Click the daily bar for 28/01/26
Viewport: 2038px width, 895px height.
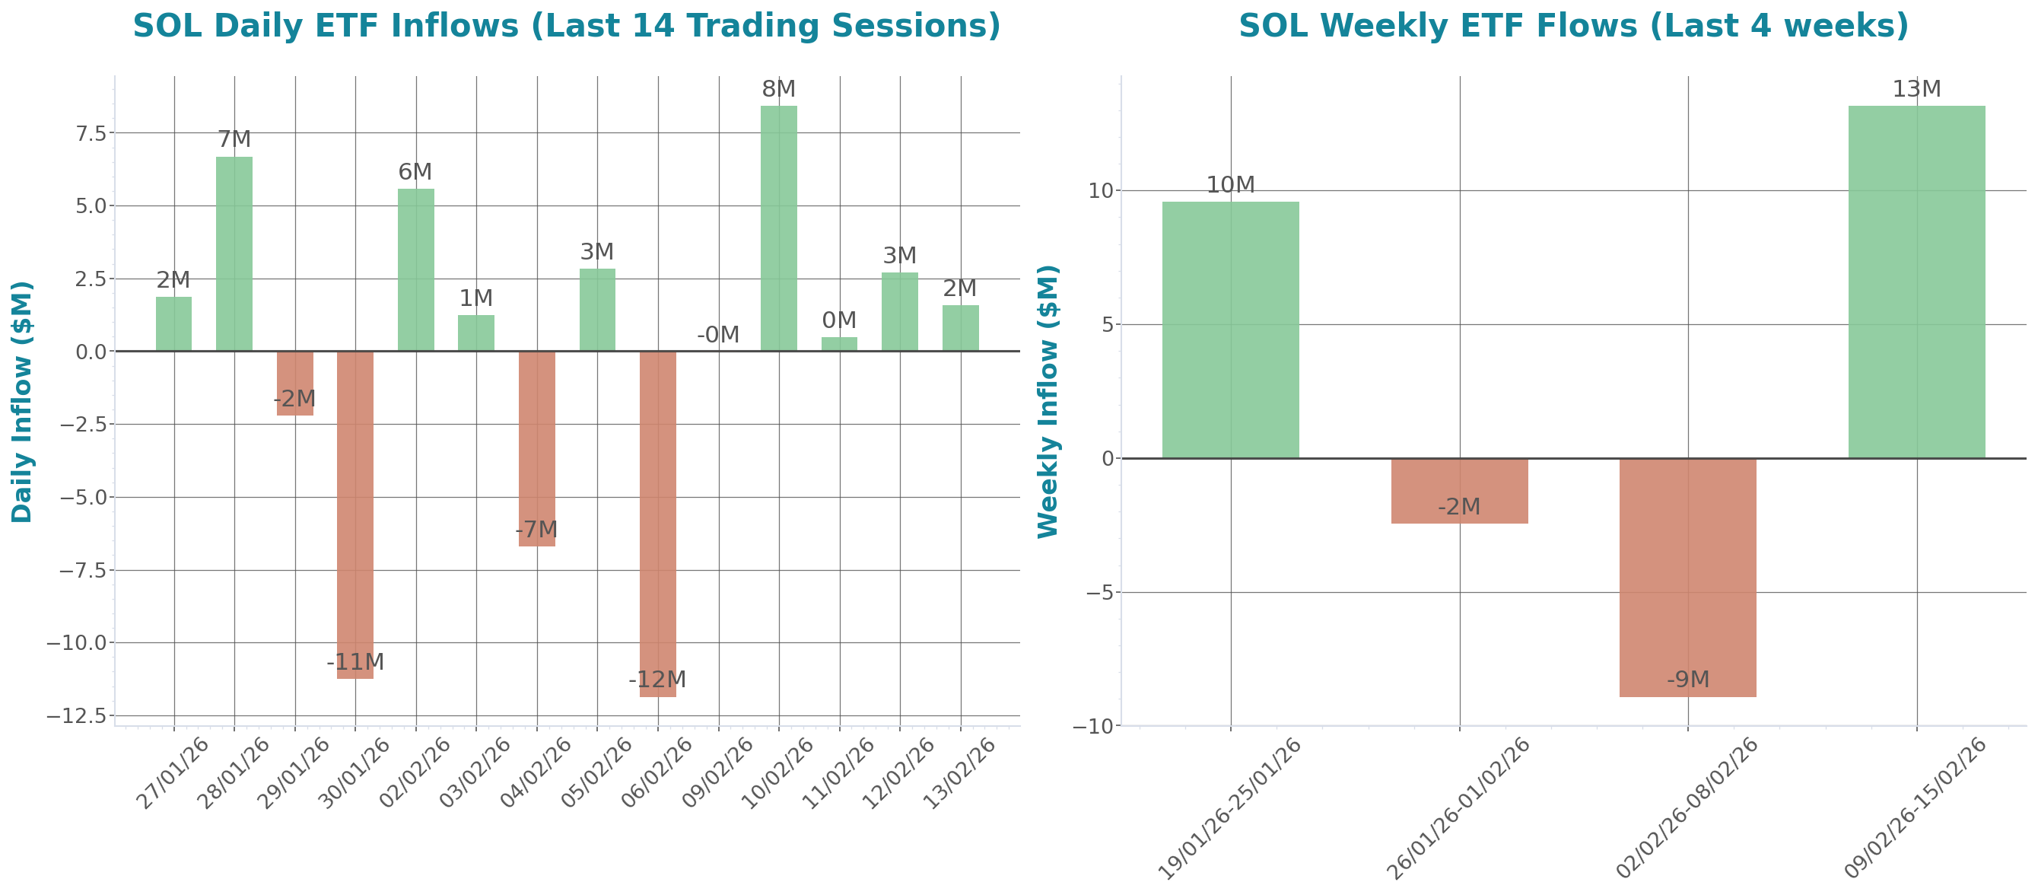point(234,253)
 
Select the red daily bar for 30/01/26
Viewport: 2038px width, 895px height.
point(355,514)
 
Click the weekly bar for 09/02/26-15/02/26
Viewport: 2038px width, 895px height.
point(1916,281)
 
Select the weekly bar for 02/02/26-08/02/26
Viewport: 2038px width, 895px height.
point(1687,578)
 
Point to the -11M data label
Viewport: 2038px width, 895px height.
point(355,661)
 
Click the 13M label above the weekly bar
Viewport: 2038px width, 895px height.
point(1916,89)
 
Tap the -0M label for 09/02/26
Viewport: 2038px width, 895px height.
point(718,336)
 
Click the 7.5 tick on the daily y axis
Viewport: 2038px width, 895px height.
point(91,134)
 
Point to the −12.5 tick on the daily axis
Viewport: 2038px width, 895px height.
point(77,716)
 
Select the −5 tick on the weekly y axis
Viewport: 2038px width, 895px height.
point(1094,593)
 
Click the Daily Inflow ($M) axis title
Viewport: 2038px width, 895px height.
point(22,401)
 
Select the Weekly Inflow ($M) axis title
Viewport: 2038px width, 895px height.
point(1048,401)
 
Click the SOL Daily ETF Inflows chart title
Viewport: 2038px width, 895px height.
point(567,26)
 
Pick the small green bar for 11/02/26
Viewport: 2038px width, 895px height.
point(838,344)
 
